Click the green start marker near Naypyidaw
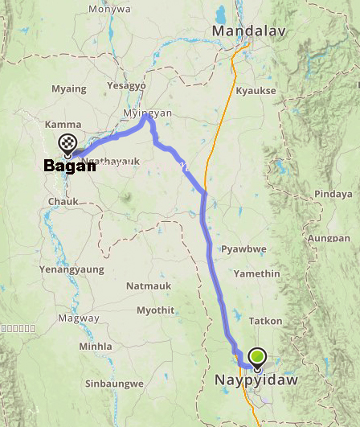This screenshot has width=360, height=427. pos(257,355)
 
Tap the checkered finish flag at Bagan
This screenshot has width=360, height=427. pos(68,144)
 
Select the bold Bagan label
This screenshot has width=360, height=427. pos(69,166)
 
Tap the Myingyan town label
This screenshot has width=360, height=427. pos(146,114)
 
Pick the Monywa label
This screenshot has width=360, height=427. pos(109,9)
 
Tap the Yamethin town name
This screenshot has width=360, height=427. pos(253,273)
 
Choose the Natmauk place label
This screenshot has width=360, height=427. pos(148,285)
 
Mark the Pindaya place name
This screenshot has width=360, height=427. pos(333,194)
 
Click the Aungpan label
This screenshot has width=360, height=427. pos(329,239)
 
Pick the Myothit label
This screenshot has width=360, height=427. pos(156,310)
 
